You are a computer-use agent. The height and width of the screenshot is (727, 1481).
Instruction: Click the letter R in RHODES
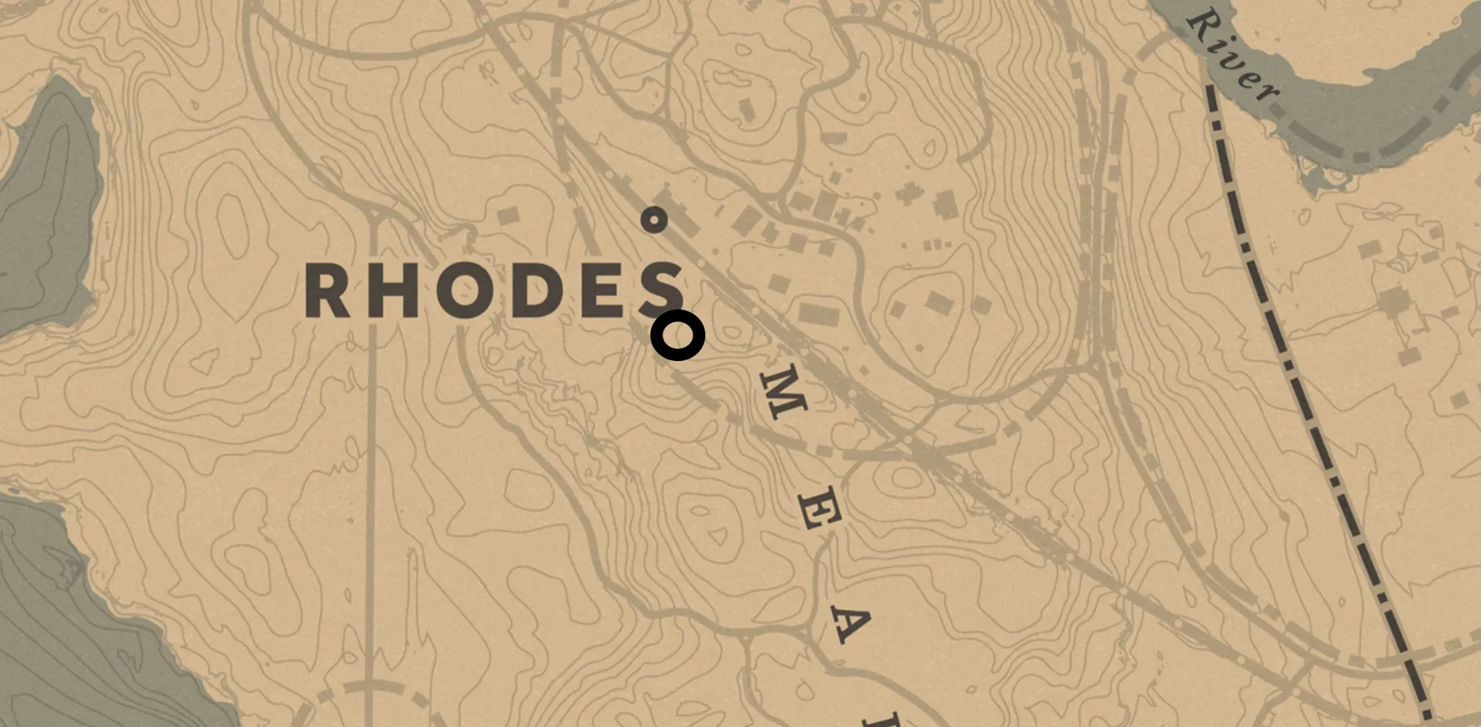point(326,291)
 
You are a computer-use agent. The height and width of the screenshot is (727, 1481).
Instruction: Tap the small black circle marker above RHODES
point(654,220)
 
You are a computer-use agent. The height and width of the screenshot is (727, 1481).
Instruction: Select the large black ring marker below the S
point(678,335)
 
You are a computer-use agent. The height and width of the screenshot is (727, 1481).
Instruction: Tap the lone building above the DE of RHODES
point(507,216)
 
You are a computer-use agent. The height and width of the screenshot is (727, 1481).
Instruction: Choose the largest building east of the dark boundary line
point(1393,302)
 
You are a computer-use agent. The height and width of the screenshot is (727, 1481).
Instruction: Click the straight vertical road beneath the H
point(372,485)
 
